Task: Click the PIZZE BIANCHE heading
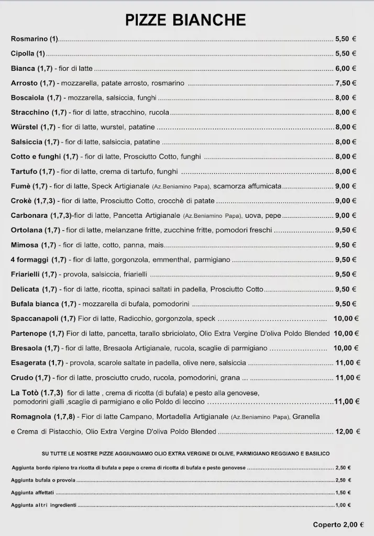tap(185, 20)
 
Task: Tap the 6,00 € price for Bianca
tap(346, 68)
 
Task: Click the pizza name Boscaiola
tap(28, 97)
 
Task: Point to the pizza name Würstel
tap(25, 127)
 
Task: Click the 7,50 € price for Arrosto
tap(346, 83)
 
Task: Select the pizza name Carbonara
tap(30, 215)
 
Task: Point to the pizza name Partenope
tap(29, 333)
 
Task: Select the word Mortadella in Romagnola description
tap(173, 417)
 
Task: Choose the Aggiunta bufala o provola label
tap(40, 480)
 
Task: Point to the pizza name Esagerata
tap(29, 362)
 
